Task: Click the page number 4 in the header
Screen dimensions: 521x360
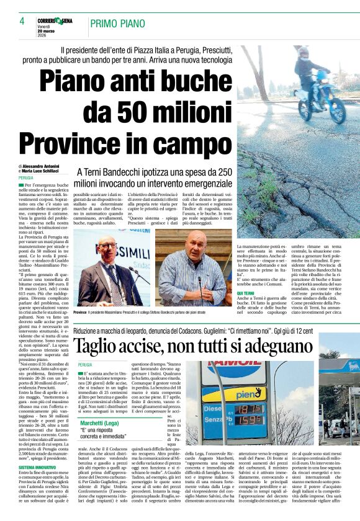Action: coord(22,21)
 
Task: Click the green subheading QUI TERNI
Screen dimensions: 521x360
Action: coord(246,292)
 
